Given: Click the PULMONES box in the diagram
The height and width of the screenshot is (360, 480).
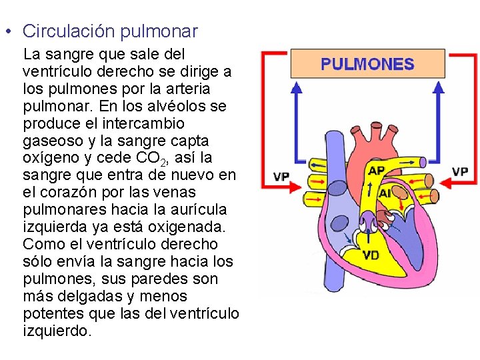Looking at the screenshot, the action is point(367,64).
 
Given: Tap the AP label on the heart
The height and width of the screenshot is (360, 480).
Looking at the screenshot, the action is point(377,171).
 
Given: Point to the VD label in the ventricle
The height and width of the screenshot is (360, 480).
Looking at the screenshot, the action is point(371,255).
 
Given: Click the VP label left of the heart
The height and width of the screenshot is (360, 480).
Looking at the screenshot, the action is point(281,177).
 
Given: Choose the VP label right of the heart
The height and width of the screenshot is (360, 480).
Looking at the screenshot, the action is point(460,171).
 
